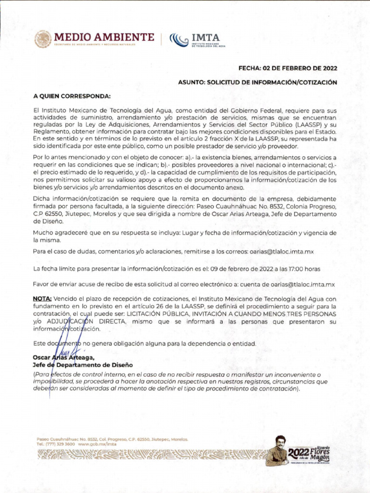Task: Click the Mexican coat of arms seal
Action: (x=42, y=39)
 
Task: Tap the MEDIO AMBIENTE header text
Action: (x=104, y=37)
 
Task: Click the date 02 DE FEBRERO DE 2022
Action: (x=299, y=68)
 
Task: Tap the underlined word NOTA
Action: (x=42, y=299)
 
